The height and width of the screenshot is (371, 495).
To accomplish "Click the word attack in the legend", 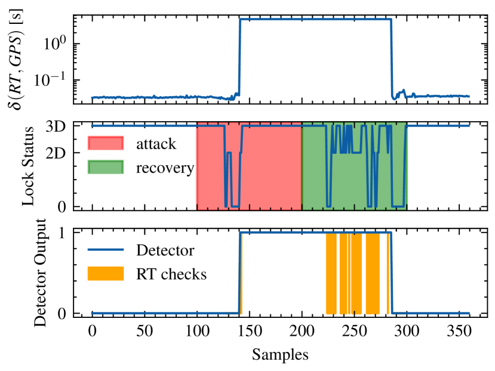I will [x=156, y=144].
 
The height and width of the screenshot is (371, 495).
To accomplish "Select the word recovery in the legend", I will [x=165, y=168].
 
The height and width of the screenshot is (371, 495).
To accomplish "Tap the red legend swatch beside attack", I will [x=106, y=144].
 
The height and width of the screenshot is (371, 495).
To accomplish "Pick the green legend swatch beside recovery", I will [x=106, y=168].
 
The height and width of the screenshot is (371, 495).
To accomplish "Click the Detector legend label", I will [x=165, y=250].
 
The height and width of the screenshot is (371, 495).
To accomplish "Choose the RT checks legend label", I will [x=171, y=274].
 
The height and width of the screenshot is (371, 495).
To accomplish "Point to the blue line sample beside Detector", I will [x=106, y=250].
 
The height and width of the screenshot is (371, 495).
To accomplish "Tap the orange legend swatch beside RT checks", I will [x=106, y=274].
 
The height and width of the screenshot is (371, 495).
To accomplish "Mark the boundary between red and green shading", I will [x=302, y=167].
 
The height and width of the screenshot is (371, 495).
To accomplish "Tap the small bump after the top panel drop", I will [x=404, y=91].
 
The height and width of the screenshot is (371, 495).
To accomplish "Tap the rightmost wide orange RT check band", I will [x=373, y=274].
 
